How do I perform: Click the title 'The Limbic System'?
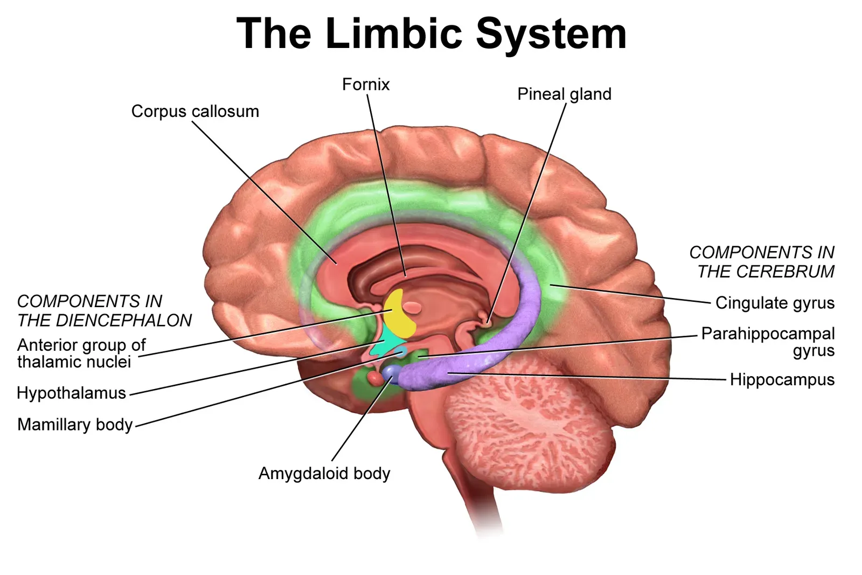pyautogui.click(x=431, y=33)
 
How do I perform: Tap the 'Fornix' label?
pyautogui.click(x=365, y=85)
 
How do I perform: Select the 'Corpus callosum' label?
pyautogui.click(x=195, y=112)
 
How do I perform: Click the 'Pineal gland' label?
pyautogui.click(x=564, y=94)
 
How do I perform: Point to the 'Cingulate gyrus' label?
pyautogui.click(x=775, y=303)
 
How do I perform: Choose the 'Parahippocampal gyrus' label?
pyautogui.click(x=768, y=342)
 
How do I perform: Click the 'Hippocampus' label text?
pyautogui.click(x=782, y=380)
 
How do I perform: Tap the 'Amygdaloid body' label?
pyautogui.click(x=324, y=474)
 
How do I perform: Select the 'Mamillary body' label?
pyautogui.click(x=75, y=425)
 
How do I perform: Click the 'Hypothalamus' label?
pyautogui.click(x=71, y=393)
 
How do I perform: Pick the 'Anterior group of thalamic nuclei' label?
pyautogui.click(x=81, y=353)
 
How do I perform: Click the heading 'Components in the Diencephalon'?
pyautogui.click(x=104, y=311)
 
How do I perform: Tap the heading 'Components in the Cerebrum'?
pyautogui.click(x=762, y=262)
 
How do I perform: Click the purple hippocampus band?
pyautogui.click(x=517, y=323)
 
